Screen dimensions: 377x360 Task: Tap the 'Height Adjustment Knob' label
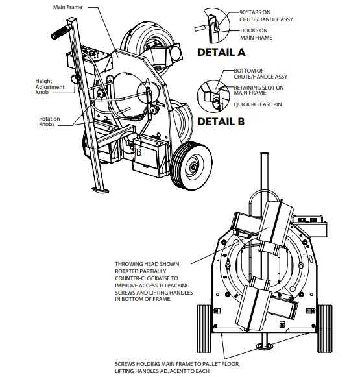(47, 86)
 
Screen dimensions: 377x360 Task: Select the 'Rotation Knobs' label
(49, 122)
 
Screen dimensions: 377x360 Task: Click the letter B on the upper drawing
(138, 152)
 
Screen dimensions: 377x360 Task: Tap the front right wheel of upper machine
(191, 166)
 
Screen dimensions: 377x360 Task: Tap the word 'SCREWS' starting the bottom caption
(127, 364)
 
